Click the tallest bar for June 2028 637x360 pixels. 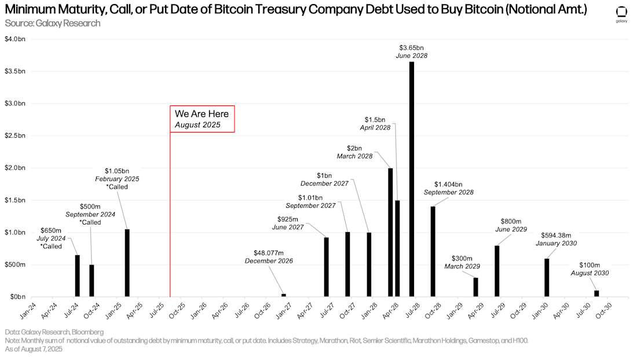411,179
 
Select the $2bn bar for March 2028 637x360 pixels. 390,232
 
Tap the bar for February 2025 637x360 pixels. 127,263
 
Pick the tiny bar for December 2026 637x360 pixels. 284,295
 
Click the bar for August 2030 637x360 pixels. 596,293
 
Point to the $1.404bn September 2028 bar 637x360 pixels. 433,251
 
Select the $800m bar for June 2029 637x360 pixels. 497,271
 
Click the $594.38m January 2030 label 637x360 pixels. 559,239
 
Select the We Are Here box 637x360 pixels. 202,119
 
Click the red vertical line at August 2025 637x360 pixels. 170,220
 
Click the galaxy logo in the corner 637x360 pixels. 621,14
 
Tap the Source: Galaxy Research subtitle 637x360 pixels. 52,23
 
